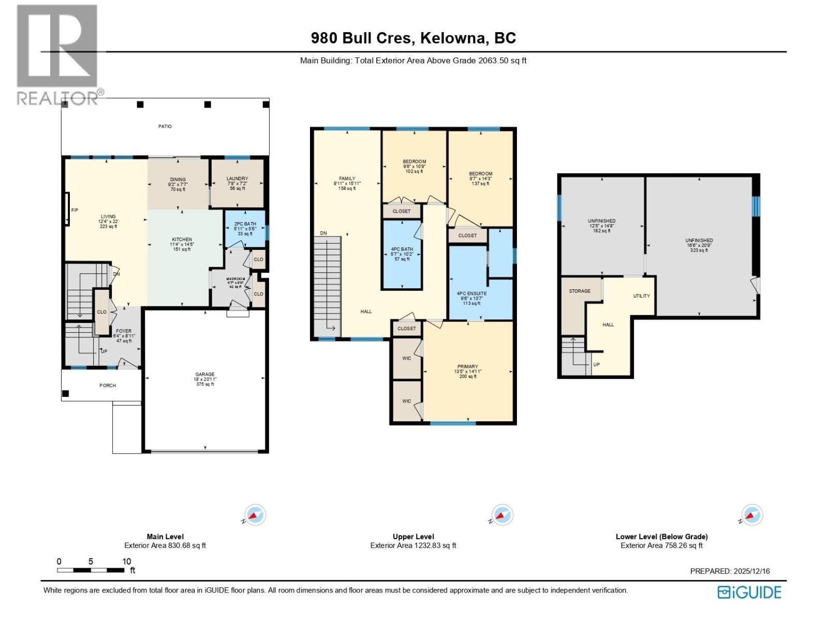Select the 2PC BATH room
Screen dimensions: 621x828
[x=245, y=229]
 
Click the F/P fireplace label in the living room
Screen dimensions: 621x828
[x=75, y=210]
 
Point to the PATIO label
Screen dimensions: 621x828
[x=165, y=126]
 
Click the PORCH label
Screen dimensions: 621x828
[x=108, y=386]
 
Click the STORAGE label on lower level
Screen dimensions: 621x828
[x=580, y=291]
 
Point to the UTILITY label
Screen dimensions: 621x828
[x=641, y=296]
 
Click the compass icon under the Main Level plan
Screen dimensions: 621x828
[x=255, y=515]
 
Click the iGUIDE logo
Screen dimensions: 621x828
[x=749, y=592]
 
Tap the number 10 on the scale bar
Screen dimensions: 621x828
[x=126, y=561]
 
